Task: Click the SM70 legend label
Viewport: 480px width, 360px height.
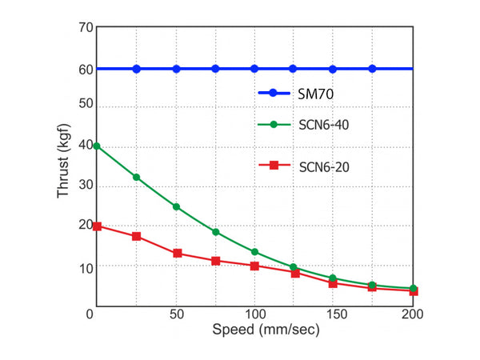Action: click(317, 94)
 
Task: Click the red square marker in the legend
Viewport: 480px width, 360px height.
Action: click(274, 166)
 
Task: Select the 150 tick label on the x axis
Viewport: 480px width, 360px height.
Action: click(333, 314)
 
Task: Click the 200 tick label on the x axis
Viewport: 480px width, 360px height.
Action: click(412, 314)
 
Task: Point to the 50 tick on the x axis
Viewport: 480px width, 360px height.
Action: click(176, 314)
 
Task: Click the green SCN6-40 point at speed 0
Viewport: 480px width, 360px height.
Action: click(97, 146)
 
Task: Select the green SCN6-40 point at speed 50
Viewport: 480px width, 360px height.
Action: click(176, 206)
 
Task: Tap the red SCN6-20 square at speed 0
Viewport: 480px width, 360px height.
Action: click(97, 226)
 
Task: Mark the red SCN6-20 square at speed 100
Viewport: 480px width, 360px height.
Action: click(254, 266)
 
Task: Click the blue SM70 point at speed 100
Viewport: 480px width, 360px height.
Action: click(254, 69)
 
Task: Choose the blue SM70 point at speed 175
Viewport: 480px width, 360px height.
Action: click(372, 69)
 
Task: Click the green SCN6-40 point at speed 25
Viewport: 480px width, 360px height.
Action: click(137, 177)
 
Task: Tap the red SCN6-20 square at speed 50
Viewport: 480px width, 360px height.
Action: click(177, 254)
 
